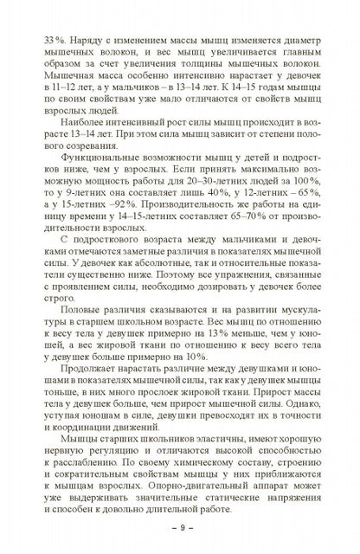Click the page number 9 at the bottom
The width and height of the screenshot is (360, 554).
(x=179, y=527)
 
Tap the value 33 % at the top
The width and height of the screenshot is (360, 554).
(x=41, y=40)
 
